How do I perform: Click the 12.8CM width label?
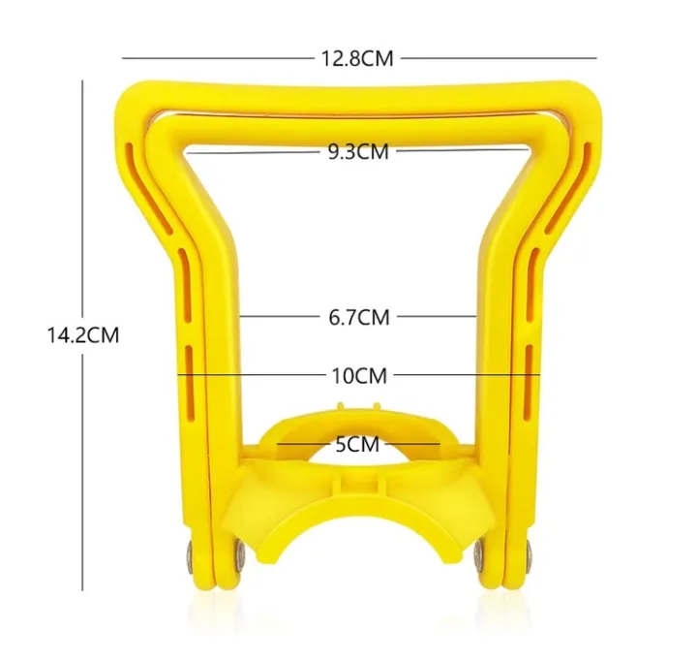coord(357,58)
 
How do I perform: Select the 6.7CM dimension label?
coord(359,316)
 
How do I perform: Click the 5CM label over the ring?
coord(358,446)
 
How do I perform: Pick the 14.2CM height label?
coord(82,335)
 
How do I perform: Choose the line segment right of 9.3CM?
coord(465,151)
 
